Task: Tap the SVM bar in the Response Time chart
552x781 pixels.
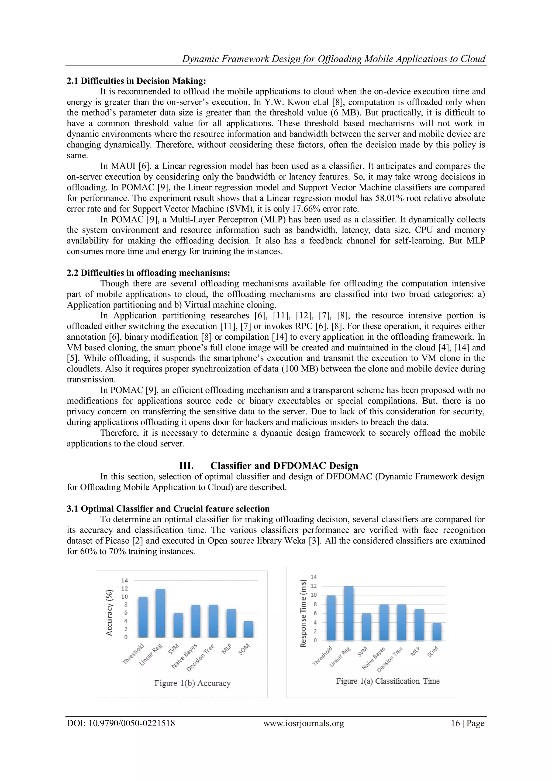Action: point(366,627)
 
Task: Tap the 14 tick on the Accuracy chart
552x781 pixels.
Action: point(125,580)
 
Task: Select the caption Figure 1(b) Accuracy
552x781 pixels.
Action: point(192,683)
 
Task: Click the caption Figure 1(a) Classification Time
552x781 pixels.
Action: point(388,681)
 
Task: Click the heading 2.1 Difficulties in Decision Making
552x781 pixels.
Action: point(136,81)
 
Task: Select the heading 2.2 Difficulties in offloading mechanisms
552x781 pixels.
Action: point(148,273)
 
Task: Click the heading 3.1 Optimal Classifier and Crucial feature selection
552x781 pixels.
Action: point(168,509)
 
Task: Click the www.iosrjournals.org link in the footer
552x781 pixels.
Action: point(303,723)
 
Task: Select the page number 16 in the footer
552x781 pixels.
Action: point(455,723)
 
